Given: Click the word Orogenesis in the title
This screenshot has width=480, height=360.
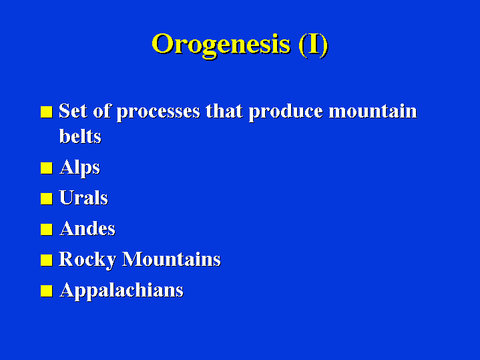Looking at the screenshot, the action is coord(221,45).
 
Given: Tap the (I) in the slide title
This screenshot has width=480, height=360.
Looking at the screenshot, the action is coord(313,45).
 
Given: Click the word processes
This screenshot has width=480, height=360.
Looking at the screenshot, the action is coord(158,112).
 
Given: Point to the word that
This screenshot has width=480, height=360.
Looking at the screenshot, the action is coord(224,111).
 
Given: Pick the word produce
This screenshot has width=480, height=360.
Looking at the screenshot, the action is coord(286,112).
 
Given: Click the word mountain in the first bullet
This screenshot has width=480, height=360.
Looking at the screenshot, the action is coord(373,111).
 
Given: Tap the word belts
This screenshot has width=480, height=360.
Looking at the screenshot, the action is coord(80,136).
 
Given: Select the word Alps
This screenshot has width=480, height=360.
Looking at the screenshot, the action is coord(80,168).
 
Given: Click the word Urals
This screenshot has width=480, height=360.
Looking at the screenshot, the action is coord(83,198).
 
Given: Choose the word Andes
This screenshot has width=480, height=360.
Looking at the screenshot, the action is coord(87,228).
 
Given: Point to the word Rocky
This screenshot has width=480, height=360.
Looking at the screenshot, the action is coord(87,260).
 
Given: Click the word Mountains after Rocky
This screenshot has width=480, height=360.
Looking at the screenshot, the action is coord(172,259).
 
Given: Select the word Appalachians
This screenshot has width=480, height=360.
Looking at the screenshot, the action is coord(122,291).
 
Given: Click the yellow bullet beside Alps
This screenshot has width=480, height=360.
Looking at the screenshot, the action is coord(47,168).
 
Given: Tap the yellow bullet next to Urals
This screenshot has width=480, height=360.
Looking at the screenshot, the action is coord(47,199).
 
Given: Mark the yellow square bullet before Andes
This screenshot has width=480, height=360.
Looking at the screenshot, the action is coord(47,230).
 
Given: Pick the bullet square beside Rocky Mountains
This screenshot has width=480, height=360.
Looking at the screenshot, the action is coord(47,260).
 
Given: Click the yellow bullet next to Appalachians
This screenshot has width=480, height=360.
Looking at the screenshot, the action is coord(47,291).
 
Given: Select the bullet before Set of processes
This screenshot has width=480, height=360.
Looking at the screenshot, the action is coord(47,112).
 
